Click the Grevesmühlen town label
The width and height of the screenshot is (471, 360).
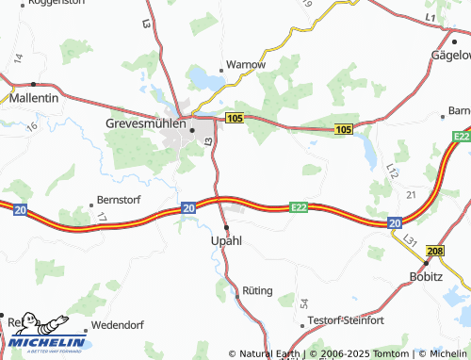[149, 122]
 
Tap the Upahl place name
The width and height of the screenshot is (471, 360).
[225, 241]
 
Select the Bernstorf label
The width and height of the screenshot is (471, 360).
[117, 201]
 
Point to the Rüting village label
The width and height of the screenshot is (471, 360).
[257, 291]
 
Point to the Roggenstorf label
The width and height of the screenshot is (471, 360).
[57, 3]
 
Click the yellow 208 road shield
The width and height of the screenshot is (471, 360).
[434, 252]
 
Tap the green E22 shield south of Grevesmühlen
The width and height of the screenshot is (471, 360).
[300, 207]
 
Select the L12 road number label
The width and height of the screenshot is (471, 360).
[393, 170]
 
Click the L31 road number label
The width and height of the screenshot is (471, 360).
[411, 241]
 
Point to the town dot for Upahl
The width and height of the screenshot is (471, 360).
[226, 227]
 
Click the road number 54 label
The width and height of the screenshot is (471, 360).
[303, 303]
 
